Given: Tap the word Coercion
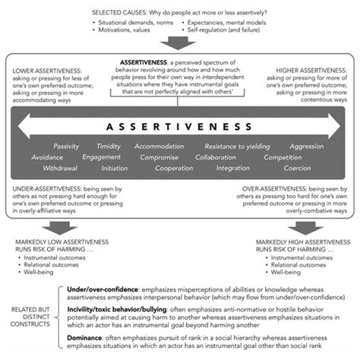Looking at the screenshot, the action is coord(297,168).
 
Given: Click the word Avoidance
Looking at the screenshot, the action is coord(47,157).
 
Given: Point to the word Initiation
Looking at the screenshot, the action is coord(114,168).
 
